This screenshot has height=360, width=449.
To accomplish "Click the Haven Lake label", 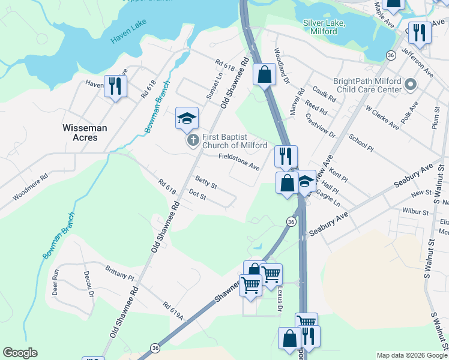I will pyautogui.click(x=128, y=35).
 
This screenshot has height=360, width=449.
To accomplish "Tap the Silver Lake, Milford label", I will pyautogui.click(x=324, y=27).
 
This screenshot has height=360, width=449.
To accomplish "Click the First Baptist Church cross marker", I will pyautogui.click(x=193, y=141).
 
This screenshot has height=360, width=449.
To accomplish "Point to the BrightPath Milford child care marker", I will pyautogui.click(x=411, y=85).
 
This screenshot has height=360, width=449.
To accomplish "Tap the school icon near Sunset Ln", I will pyautogui.click(x=187, y=118).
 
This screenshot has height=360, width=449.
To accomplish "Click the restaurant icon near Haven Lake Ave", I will pyautogui.click(x=114, y=86).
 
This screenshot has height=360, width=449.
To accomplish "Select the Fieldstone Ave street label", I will pyautogui.click(x=238, y=161).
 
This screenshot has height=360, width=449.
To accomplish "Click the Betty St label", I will pyautogui.click(x=206, y=182).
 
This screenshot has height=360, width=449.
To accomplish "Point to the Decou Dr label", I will pyautogui.click(x=88, y=283).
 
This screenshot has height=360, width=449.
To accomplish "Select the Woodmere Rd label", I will pyautogui.click(x=30, y=188).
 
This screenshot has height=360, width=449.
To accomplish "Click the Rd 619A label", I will pyautogui.click(x=173, y=311).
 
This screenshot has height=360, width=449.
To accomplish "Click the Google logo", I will pyautogui.click(x=20, y=353).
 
